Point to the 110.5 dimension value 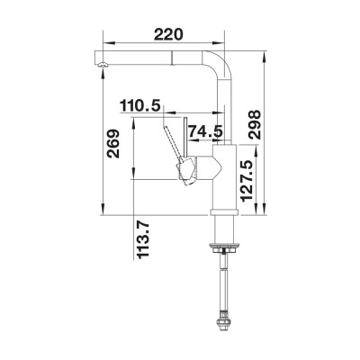(x=140, y=106)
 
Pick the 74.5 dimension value (x=206, y=132)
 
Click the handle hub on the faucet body (x=189, y=168)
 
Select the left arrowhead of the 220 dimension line (x=103, y=43)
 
